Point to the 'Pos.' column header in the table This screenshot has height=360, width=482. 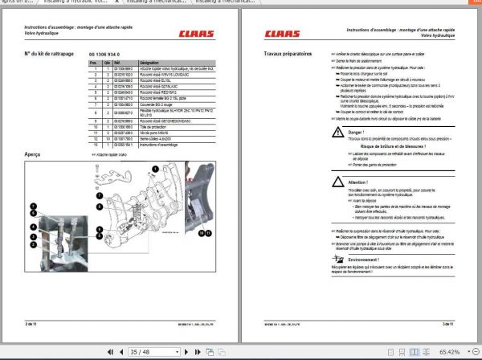coord(93,61)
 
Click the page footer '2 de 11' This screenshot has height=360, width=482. coord(31,322)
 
